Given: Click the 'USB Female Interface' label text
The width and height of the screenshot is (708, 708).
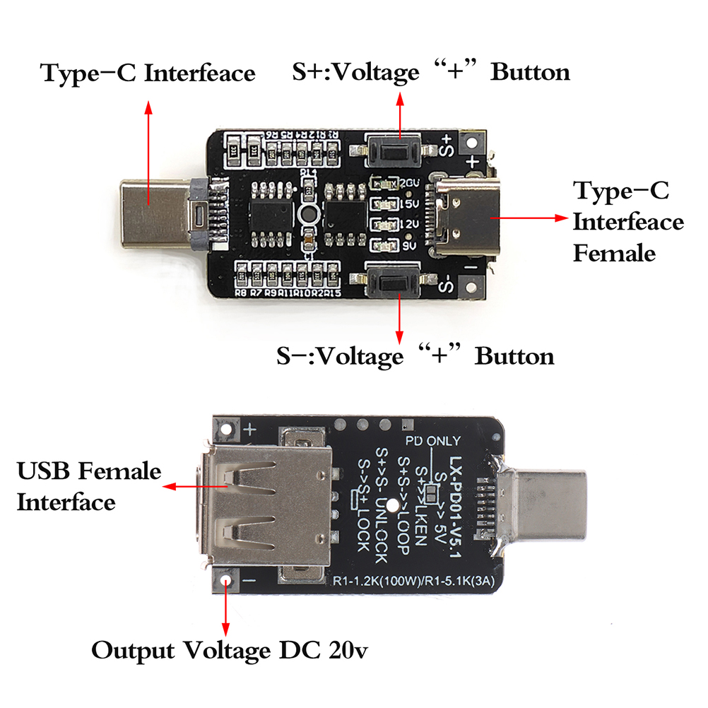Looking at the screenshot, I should pyautogui.click(x=89, y=486).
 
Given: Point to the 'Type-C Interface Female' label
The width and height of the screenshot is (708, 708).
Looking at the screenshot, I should pyautogui.click(x=627, y=221).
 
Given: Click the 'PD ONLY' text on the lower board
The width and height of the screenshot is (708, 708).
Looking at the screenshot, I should pyautogui.click(x=432, y=442).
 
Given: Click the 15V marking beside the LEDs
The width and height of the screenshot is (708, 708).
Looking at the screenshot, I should pyautogui.click(x=409, y=204).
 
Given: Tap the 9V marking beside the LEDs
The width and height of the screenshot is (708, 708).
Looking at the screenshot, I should pyautogui.click(x=407, y=247).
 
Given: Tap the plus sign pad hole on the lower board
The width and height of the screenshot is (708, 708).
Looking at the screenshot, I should pyautogui.click(x=227, y=429).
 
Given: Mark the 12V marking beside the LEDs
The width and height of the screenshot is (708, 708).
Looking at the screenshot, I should pyautogui.click(x=409, y=225).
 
